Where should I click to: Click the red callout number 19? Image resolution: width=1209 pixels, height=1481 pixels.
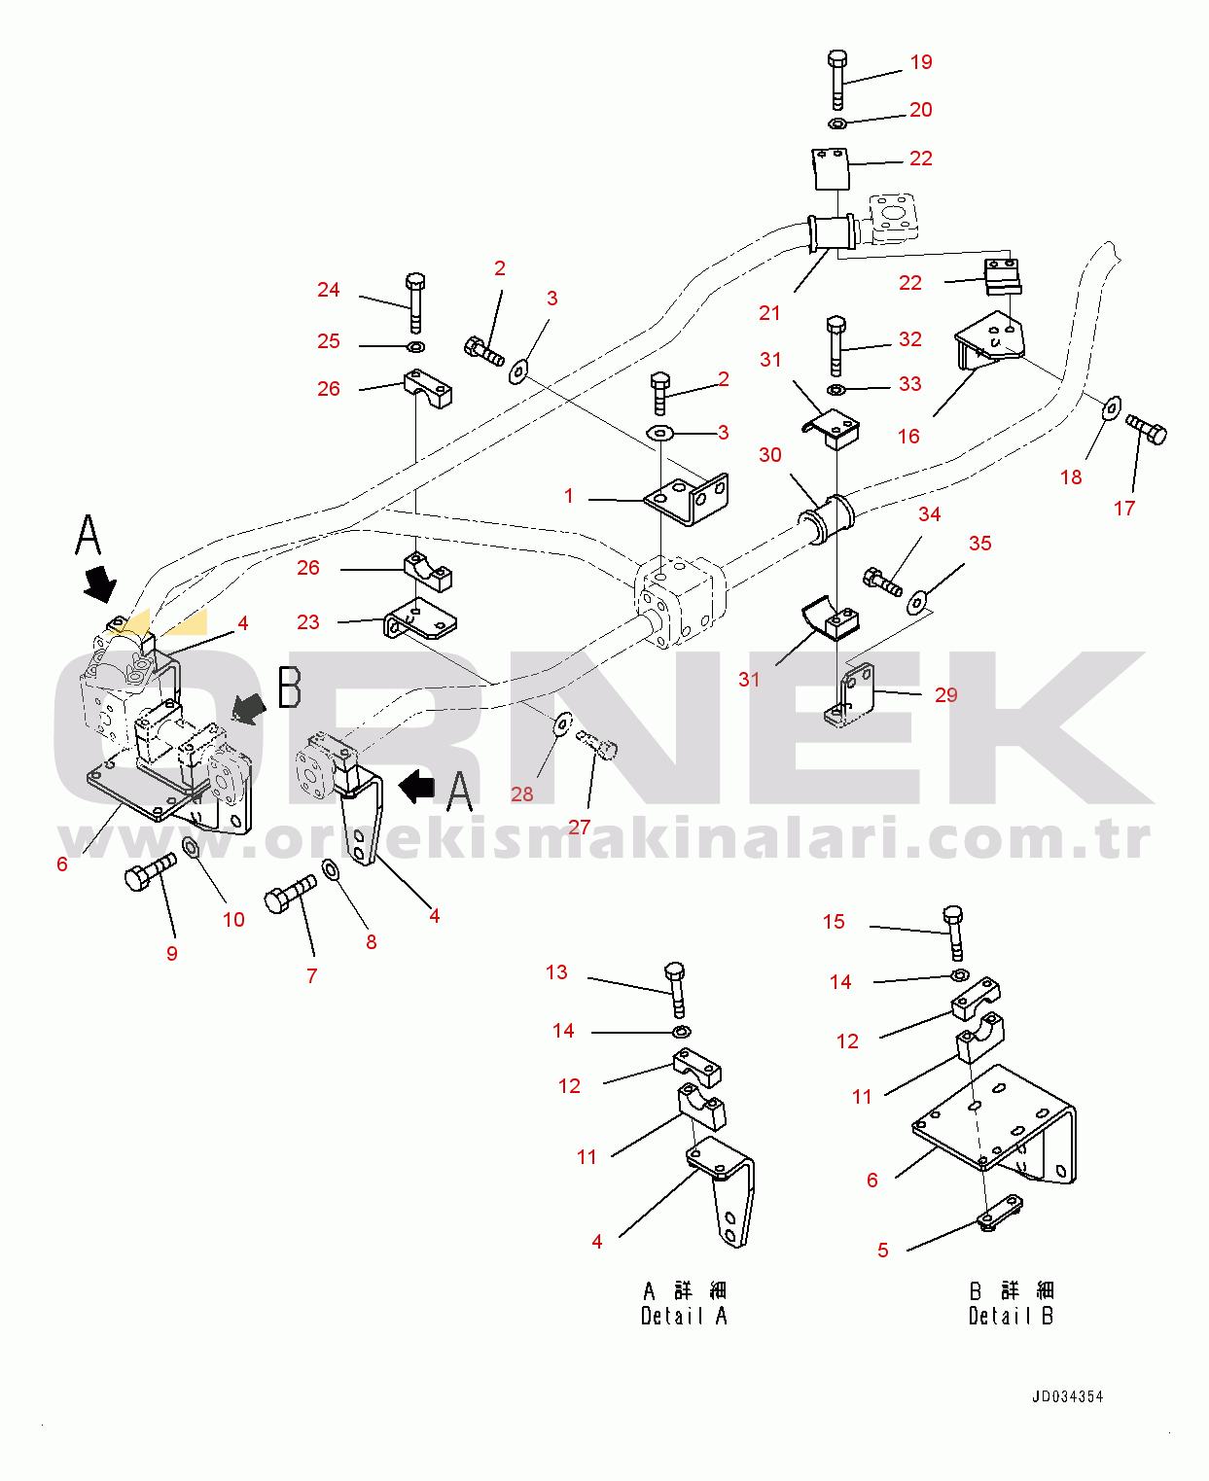point(921,62)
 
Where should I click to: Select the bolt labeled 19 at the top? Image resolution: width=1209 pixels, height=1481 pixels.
point(837,80)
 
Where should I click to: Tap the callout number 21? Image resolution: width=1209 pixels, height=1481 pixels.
point(769,313)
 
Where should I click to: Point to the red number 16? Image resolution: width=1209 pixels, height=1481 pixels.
point(908,437)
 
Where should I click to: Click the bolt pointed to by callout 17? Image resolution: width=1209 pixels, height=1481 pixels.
point(1146,429)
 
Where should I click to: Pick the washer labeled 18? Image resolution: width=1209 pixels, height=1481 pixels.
point(1112,406)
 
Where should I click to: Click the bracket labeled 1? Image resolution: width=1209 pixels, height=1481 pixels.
point(688,499)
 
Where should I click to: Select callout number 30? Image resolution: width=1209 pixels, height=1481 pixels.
point(770,455)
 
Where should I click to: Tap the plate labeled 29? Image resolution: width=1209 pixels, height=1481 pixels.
point(848,695)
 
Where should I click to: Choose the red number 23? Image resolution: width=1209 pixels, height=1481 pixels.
point(307,622)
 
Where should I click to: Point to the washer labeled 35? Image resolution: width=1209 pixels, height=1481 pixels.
point(916,602)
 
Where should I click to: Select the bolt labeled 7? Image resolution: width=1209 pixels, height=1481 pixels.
point(290,893)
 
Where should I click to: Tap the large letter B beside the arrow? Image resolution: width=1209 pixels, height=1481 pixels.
point(290,687)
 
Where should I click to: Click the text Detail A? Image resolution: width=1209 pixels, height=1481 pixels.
point(684,1316)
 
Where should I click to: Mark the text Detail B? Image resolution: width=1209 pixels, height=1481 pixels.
point(1011,1316)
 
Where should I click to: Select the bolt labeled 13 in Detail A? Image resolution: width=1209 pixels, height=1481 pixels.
point(675,990)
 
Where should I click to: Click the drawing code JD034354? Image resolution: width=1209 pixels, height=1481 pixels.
point(1067,1396)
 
